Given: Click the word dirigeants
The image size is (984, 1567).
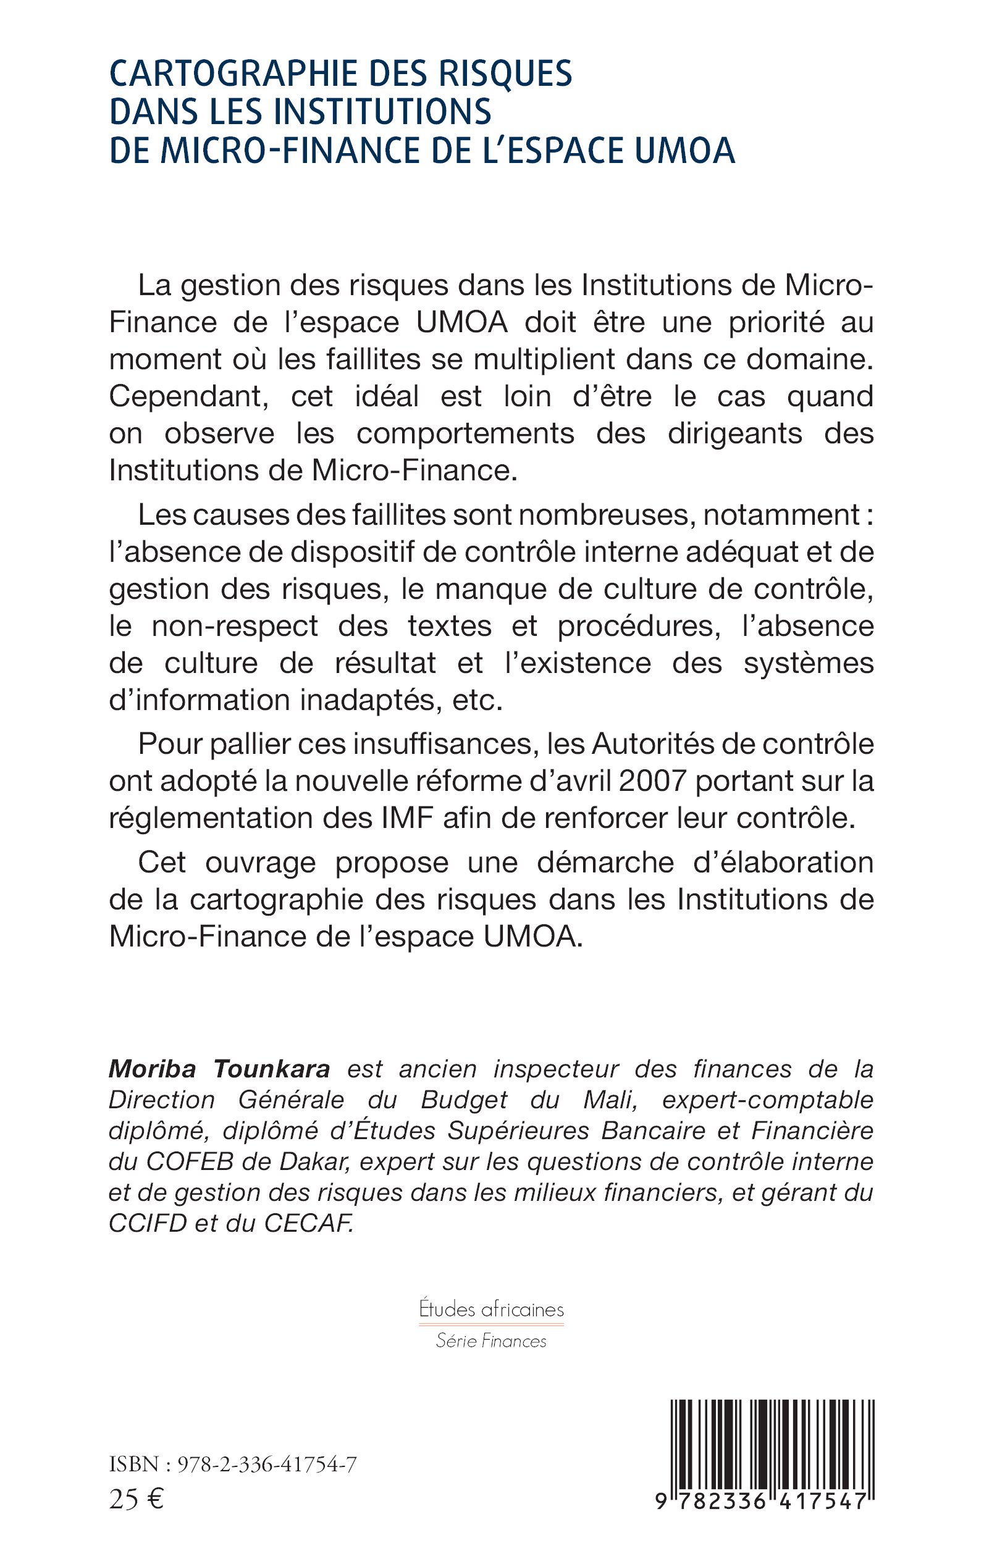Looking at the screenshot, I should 734,434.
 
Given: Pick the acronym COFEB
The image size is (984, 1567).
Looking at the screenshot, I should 190,1162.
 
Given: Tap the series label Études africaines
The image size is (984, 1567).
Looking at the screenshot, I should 491,1310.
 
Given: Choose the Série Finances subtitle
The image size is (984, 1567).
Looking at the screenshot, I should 491,1340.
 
